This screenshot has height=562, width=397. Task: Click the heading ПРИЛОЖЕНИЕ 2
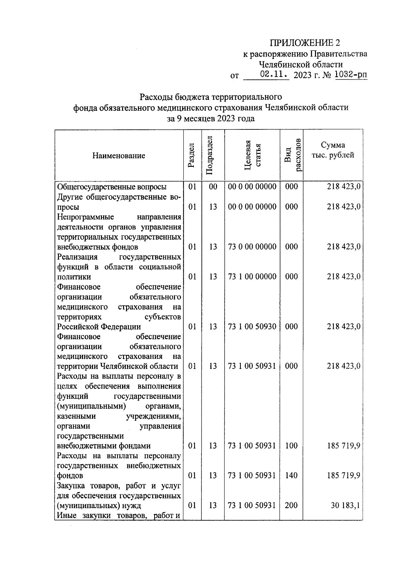coord(305,43)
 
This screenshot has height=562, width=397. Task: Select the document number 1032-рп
coord(351,75)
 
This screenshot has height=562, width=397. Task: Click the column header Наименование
coord(119,156)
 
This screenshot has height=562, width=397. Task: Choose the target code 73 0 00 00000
coord(252,247)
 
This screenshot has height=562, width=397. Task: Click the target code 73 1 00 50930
coord(252,326)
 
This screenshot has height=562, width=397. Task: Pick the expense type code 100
coord(291,445)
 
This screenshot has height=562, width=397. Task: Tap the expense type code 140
coord(291,475)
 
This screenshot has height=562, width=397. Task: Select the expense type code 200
coord(291,505)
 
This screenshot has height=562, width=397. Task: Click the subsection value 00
coord(213,187)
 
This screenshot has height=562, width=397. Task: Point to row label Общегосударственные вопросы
coord(112,187)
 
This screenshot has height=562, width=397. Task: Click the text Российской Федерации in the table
coord(99,327)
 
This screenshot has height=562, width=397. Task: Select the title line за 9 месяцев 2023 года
coord(211,118)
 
